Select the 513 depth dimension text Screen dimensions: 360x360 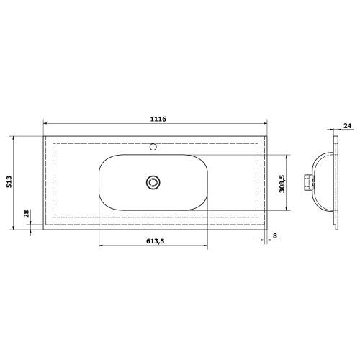click(x=9, y=182)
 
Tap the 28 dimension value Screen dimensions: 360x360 click(x=26, y=214)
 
